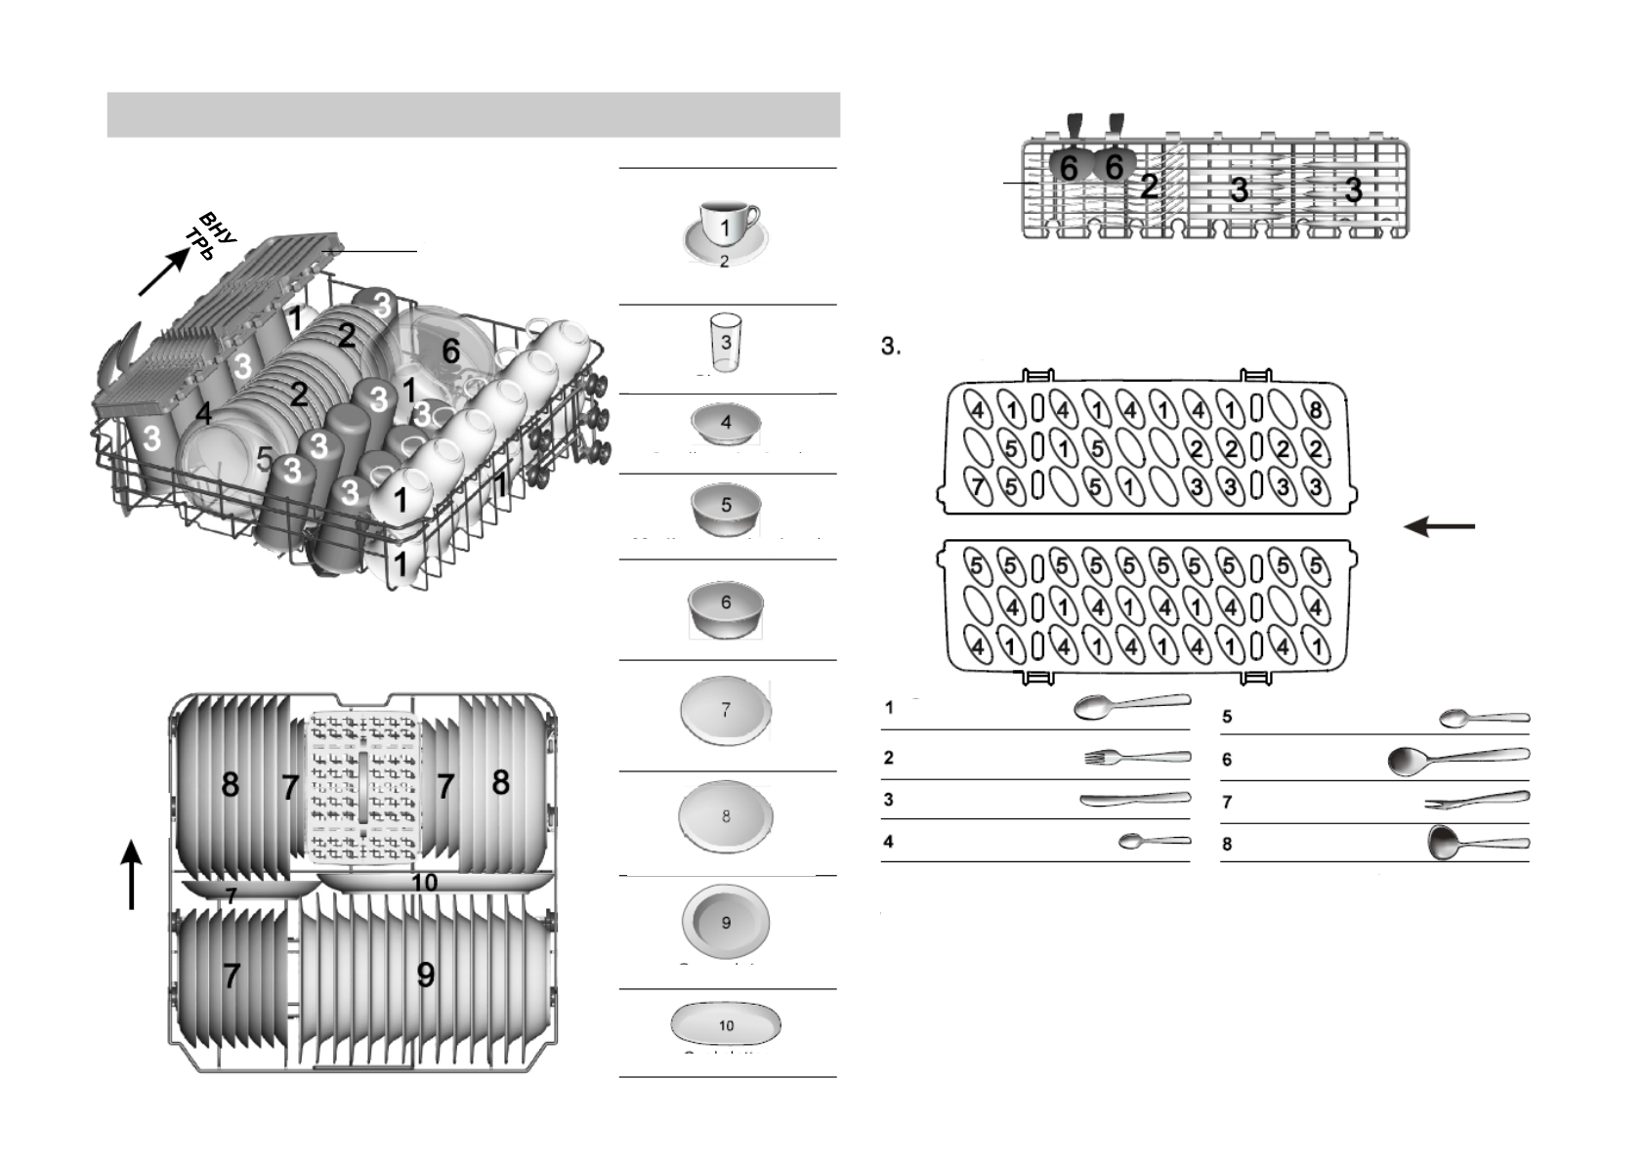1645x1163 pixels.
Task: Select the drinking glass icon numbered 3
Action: point(726,342)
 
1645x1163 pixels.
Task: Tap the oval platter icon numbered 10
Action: point(726,1024)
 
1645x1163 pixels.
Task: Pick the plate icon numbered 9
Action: point(726,922)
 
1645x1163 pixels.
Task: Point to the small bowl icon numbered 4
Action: point(725,424)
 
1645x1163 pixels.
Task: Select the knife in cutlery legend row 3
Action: point(1133,800)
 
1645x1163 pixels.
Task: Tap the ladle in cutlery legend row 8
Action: point(1476,842)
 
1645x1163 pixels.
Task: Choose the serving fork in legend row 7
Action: point(1476,801)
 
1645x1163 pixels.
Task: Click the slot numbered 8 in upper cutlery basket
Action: point(1316,410)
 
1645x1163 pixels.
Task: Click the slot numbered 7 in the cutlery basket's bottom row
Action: point(978,485)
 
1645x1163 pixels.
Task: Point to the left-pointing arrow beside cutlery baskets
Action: point(1438,527)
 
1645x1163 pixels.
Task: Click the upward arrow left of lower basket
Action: point(132,875)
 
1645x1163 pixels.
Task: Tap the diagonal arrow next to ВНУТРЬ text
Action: point(163,271)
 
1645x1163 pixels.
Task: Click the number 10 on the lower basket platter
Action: point(424,883)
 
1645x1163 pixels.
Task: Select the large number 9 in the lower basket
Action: point(426,975)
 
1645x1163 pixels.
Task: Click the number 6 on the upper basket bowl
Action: point(450,352)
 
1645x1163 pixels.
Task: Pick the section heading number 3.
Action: point(890,346)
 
